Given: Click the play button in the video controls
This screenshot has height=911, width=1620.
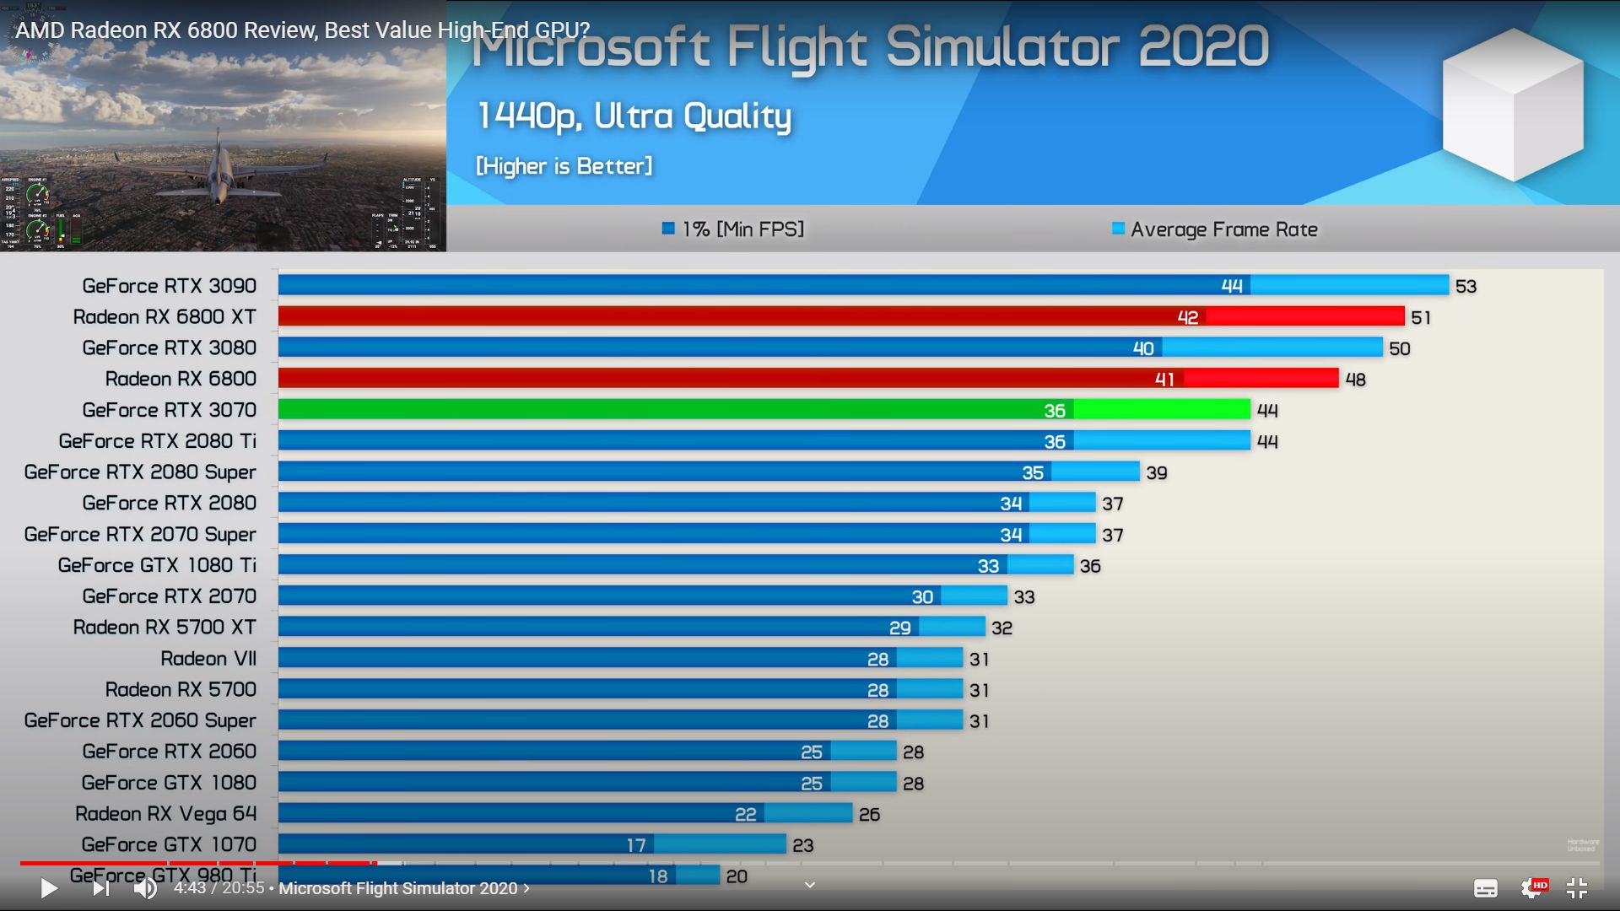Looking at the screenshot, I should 49,888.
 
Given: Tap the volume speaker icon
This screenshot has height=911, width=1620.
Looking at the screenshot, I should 145,888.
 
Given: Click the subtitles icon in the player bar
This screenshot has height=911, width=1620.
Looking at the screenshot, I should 1485,888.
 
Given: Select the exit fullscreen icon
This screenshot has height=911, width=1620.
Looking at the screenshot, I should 1576,888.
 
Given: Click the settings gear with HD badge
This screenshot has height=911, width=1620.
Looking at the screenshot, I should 1532,888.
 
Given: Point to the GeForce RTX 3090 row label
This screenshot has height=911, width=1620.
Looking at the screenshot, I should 169,286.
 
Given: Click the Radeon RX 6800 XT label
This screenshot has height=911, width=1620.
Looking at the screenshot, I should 165,317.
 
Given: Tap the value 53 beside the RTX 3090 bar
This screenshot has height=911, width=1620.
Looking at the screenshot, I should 1466,287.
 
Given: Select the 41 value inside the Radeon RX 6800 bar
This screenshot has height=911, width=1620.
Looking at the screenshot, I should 1164,380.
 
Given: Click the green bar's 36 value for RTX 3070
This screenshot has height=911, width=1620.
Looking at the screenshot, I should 1055,411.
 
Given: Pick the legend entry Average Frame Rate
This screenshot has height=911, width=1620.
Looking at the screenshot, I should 1223,229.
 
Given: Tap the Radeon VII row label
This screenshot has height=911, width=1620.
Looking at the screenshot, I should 208,659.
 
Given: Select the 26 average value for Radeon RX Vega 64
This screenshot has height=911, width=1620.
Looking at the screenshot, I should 869,815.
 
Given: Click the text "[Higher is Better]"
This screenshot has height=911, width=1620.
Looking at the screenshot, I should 564,166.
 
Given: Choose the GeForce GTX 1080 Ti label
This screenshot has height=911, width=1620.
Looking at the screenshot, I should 157,565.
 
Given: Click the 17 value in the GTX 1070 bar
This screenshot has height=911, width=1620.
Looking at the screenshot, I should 636,845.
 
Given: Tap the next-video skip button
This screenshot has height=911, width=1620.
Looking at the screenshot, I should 100,888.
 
